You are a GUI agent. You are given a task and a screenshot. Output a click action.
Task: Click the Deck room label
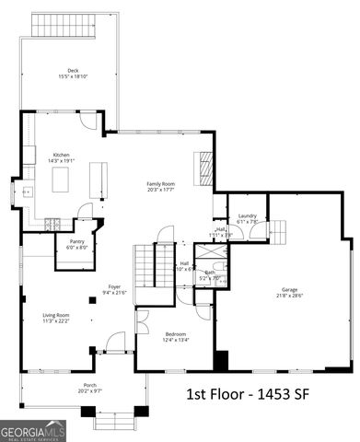[x=73, y=70]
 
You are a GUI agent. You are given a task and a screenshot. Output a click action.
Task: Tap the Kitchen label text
[x=62, y=156]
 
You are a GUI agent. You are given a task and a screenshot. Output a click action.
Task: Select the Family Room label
[x=160, y=184]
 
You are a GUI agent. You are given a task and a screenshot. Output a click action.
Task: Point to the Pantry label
[x=76, y=242]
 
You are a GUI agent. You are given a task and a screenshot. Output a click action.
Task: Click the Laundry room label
[x=247, y=215]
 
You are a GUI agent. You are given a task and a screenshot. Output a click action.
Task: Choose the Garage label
[x=290, y=291]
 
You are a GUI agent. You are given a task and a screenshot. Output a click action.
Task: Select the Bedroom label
[x=176, y=333]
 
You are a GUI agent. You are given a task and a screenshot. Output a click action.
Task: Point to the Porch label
[x=88, y=385]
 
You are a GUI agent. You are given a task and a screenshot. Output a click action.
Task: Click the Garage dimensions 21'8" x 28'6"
[x=290, y=296]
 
